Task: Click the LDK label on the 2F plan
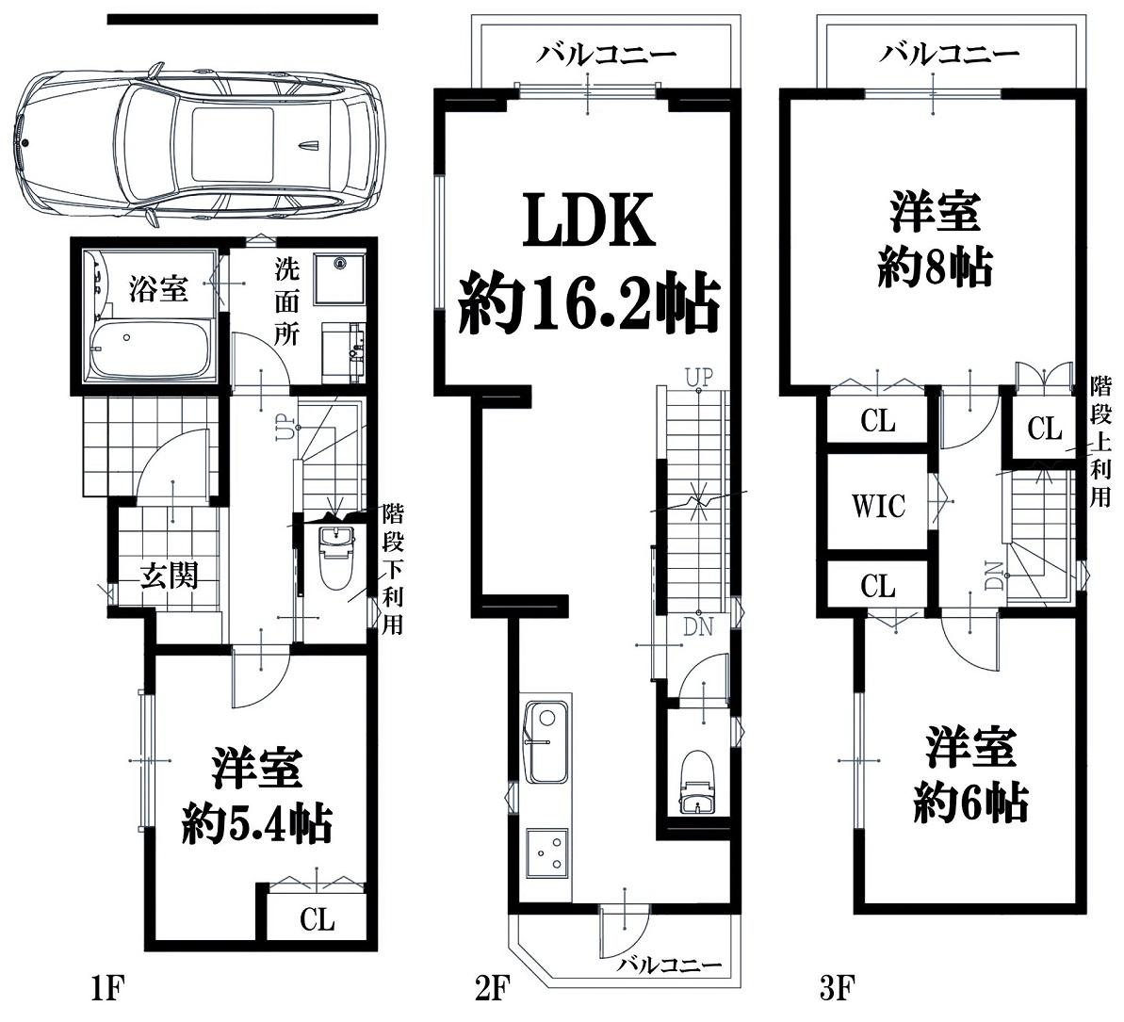[589, 219]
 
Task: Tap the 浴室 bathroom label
[158, 289]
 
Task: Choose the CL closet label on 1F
[317, 918]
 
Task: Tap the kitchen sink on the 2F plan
[547, 742]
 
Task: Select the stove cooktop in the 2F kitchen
[548, 853]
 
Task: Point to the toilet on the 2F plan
[697, 781]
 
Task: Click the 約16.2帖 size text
[589, 304]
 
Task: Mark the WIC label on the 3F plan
[878, 506]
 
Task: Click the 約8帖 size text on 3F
[935, 267]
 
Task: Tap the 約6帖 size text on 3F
[970, 802]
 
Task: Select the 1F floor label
[107, 989]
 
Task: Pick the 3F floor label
[837, 989]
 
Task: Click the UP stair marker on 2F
[699, 377]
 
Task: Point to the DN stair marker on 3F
[995, 575]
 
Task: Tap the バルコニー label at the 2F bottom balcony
[670, 965]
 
